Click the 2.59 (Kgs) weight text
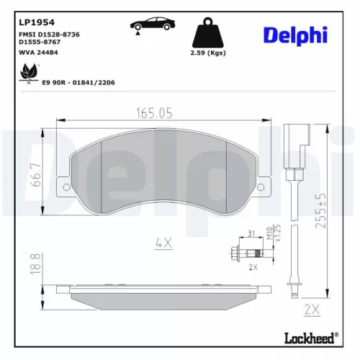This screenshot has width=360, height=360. (x=209, y=54)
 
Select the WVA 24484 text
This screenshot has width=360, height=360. (x=40, y=52)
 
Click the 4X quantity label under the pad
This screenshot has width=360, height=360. (x=163, y=243)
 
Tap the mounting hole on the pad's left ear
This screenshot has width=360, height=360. (x=66, y=187)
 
